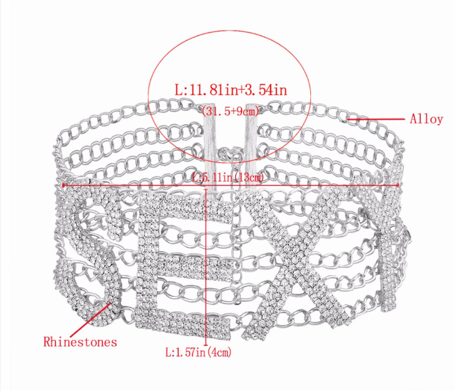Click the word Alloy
(x=426, y=119)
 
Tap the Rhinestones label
(x=80, y=342)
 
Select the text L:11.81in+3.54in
(x=231, y=90)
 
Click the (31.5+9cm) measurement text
(x=230, y=110)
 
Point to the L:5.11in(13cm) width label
(x=228, y=177)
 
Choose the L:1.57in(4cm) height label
(x=199, y=352)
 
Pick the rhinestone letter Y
(x=385, y=233)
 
